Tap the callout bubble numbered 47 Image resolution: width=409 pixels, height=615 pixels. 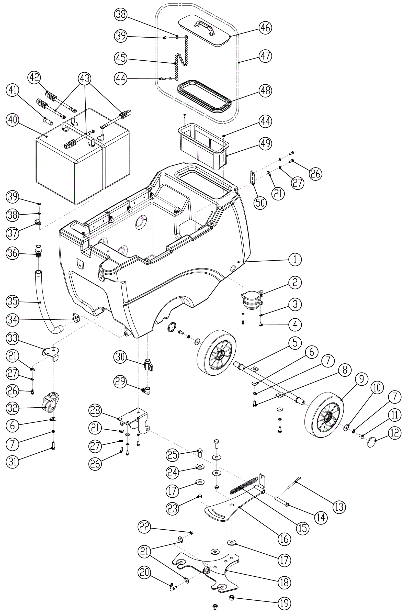265,56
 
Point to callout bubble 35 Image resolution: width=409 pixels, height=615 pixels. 13,302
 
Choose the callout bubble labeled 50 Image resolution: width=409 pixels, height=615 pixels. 260,203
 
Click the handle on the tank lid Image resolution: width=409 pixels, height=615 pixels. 205,28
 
